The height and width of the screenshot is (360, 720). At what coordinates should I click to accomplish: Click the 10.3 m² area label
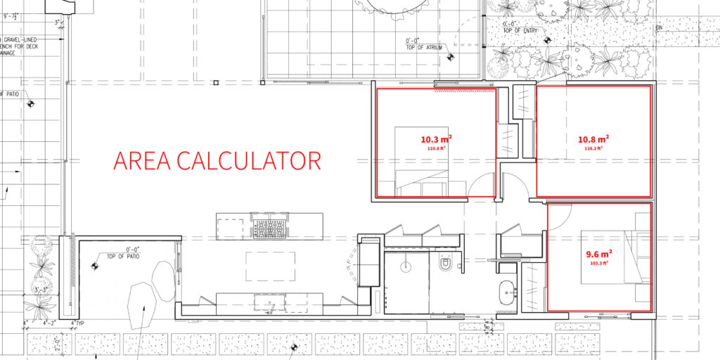pos(436,139)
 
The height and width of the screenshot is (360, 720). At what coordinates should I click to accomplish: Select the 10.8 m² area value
pos(593,139)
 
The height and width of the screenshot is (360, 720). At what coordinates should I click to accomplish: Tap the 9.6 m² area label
pos(598,253)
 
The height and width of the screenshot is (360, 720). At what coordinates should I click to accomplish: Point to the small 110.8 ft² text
pos(437,148)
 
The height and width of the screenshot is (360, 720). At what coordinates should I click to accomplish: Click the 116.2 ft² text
pos(593,149)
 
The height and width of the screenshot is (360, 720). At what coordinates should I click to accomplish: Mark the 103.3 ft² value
pos(598,263)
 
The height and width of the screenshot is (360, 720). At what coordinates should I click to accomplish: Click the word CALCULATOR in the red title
pos(248,160)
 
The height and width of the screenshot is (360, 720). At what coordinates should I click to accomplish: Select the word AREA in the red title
pos(142,160)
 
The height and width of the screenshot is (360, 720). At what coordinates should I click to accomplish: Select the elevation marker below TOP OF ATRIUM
pos(452,57)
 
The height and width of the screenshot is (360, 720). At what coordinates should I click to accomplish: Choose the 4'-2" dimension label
pos(51,323)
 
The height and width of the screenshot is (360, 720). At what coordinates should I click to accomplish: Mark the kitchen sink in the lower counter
pos(270,302)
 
